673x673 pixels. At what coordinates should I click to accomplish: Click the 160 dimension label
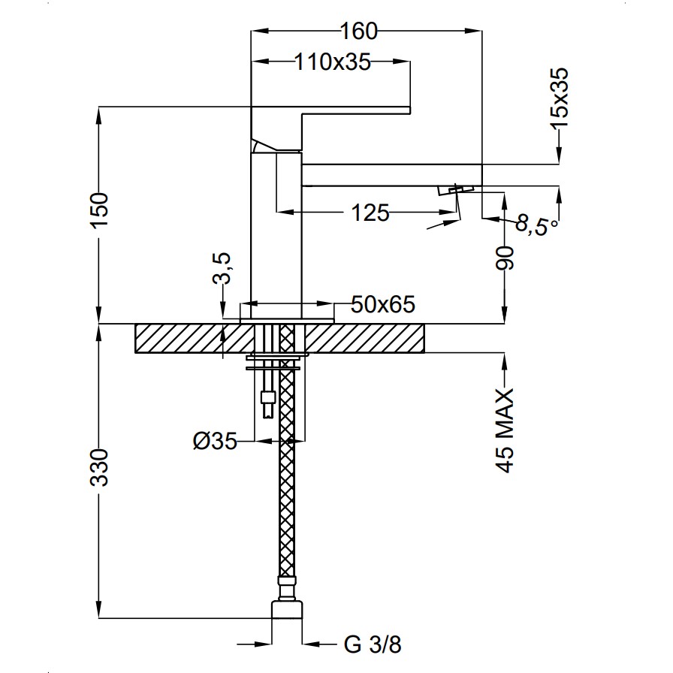pos(359,31)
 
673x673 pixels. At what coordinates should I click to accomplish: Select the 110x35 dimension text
pos(333,62)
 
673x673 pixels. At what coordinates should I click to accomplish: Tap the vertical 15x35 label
pos(560,98)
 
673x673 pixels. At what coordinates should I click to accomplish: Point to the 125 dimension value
pos(370,213)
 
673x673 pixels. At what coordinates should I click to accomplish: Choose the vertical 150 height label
pos(99,211)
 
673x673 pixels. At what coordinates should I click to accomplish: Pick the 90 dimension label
pos(505,258)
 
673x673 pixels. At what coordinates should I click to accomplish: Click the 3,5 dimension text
pos(222,268)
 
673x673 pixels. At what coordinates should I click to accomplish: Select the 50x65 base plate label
pos(383,304)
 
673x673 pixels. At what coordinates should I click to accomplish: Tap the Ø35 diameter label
pos(215,440)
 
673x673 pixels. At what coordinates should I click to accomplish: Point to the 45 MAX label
pos(505,430)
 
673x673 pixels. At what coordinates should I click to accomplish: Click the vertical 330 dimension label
pos(99,467)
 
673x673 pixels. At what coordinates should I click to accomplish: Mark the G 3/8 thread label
pos(373,644)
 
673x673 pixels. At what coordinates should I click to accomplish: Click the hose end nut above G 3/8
pos(287,609)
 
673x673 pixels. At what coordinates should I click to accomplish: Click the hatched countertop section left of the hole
pos(195,338)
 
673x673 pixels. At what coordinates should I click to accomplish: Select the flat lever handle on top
pos(330,110)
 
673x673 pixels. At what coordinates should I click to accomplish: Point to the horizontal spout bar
pos(392,175)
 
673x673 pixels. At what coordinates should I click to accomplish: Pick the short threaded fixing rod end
pos(268,403)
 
